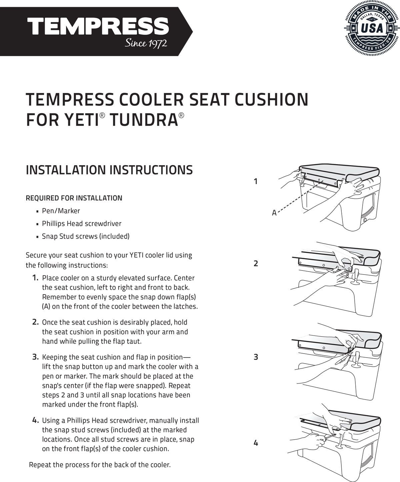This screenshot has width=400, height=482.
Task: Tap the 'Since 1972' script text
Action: tap(146, 43)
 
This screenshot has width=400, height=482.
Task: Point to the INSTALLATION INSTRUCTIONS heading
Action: tap(109, 170)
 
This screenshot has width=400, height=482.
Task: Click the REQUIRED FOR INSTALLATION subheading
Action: tap(74, 198)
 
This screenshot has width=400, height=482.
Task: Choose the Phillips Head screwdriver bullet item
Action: tap(81, 223)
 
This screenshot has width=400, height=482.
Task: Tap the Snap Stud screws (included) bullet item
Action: tap(85, 236)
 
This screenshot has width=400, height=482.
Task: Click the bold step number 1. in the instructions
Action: tap(35, 278)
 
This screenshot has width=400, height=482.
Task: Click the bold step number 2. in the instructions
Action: tap(35, 322)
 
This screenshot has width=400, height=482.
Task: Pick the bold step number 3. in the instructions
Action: tap(35, 357)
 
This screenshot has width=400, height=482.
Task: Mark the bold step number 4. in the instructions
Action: tap(35, 420)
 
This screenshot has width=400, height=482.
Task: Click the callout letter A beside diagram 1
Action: tap(274, 213)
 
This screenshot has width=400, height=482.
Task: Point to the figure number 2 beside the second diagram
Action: tap(256, 264)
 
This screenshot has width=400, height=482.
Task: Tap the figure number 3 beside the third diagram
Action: tap(256, 357)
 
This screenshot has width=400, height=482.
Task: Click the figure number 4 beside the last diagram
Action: tap(256, 443)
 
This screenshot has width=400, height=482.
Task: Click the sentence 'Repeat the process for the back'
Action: tap(100, 465)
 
